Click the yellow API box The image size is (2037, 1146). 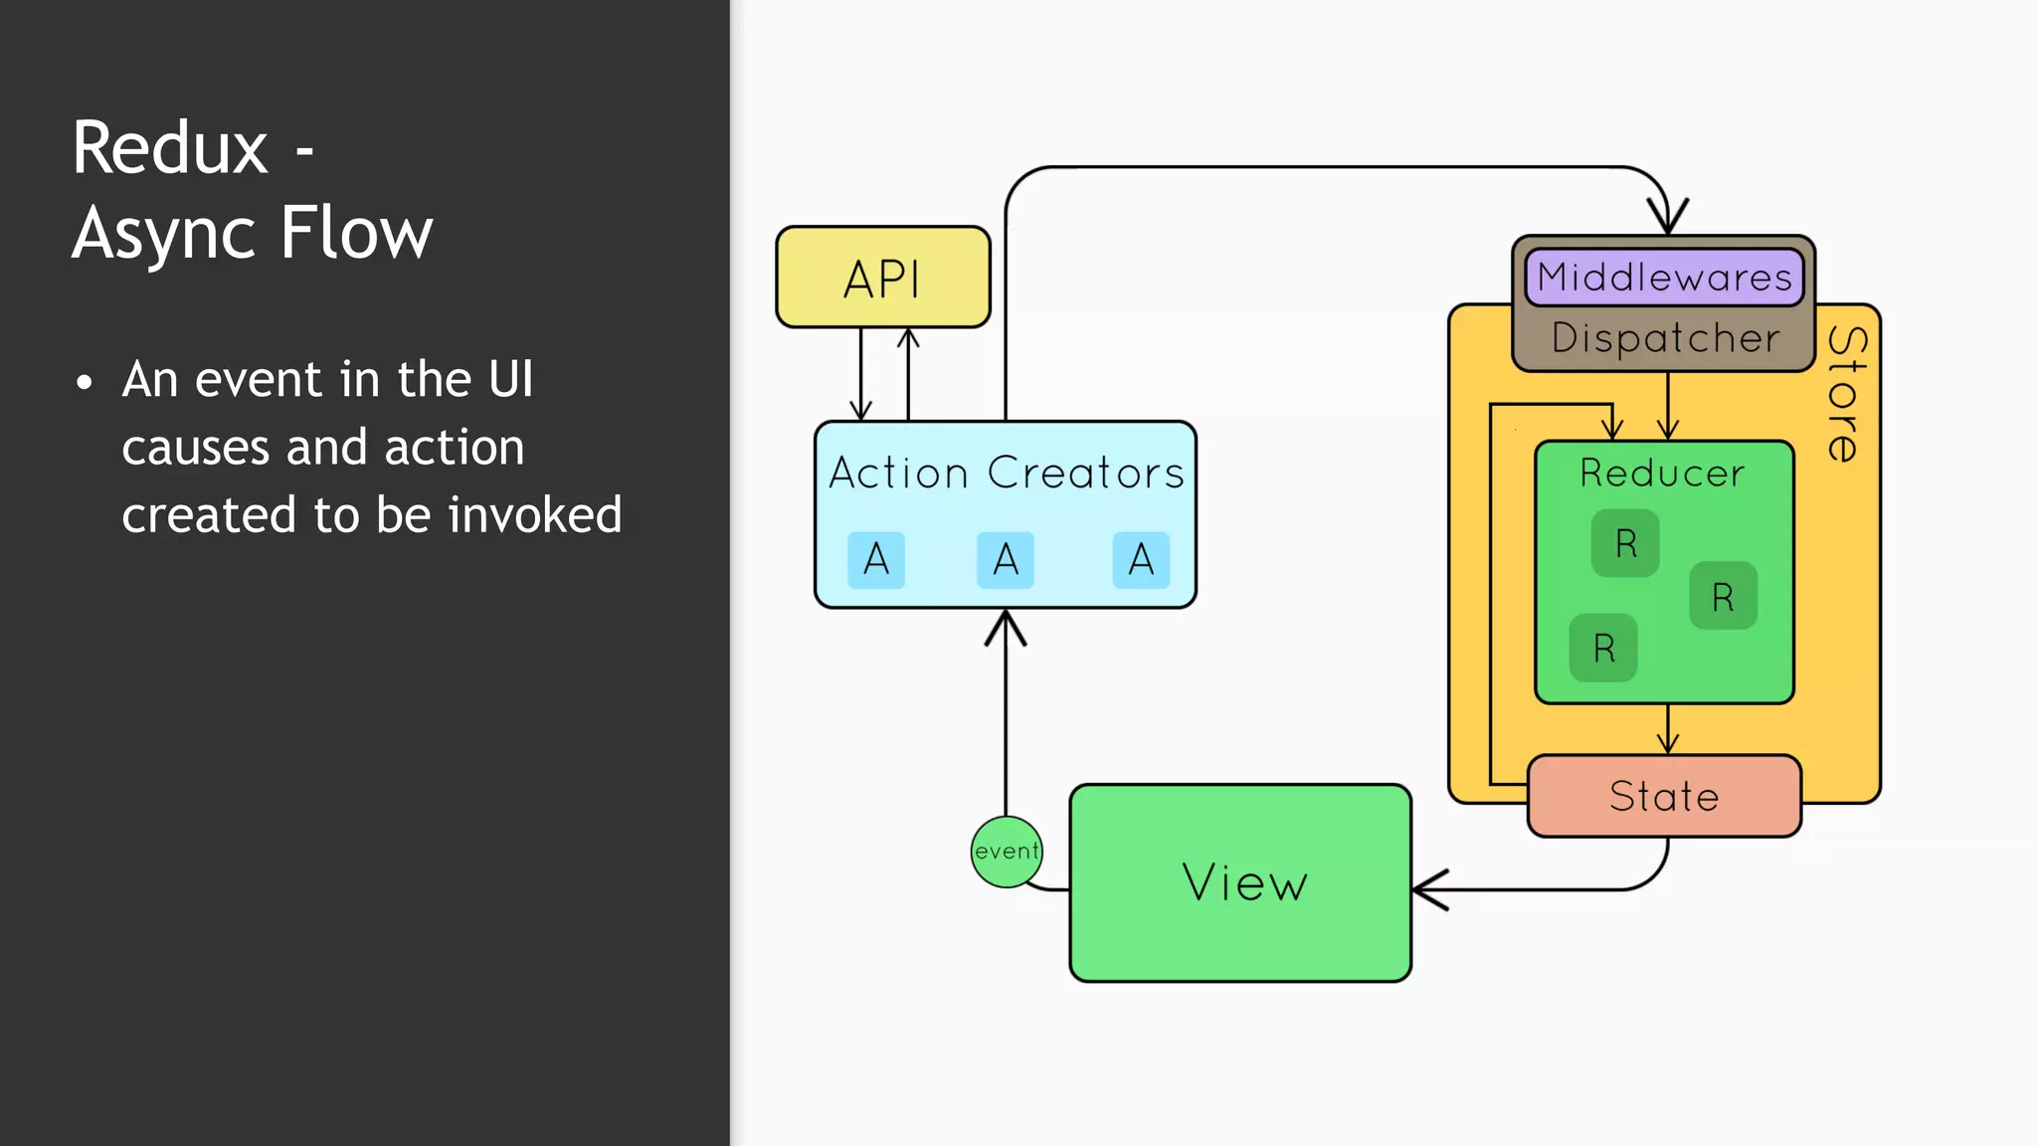(882, 278)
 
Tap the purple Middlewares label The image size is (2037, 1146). (1664, 278)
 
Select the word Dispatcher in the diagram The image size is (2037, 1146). (1665, 338)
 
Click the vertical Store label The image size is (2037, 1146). (1846, 394)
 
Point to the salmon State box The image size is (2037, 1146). (1664, 797)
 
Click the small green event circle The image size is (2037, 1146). (1006, 852)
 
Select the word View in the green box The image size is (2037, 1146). (1244, 882)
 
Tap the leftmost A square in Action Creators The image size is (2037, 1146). (876, 560)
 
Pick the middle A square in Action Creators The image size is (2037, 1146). (1006, 560)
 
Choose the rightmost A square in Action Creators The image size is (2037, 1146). (1141, 560)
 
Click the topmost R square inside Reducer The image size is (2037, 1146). (1625, 543)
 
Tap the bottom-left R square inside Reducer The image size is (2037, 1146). (1603, 649)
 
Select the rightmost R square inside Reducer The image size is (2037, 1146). (1723, 597)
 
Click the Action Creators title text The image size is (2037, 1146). (1006, 473)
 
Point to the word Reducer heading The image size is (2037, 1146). (1662, 474)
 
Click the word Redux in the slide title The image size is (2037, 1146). (170, 148)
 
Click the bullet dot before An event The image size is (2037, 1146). (85, 382)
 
